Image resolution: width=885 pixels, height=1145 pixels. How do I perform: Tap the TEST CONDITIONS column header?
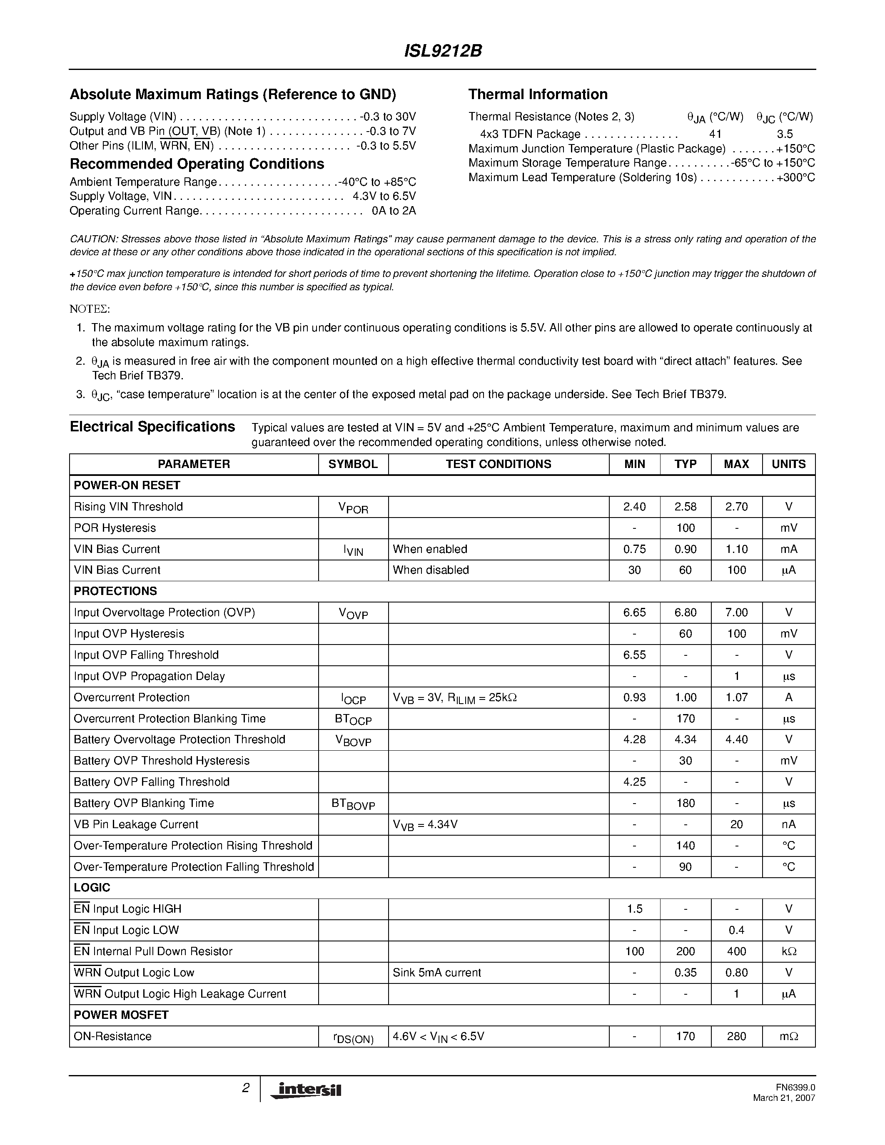coord(498,464)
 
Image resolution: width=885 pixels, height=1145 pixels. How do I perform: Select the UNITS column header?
coord(788,464)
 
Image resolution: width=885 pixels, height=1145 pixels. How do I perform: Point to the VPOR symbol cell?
coord(353,508)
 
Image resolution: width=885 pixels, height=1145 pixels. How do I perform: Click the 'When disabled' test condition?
coord(431,570)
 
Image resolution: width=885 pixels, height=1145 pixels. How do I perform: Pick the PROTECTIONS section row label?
coord(115,591)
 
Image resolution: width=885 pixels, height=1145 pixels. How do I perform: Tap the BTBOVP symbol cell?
coord(353,803)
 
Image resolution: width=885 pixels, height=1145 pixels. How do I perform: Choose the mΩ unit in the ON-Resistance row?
coord(788,1036)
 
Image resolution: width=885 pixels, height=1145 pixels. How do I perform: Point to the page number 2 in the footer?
coord(245,1088)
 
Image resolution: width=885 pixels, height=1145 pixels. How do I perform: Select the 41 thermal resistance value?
coord(715,134)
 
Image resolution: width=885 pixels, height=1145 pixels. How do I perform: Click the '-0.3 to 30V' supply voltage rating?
coord(387,117)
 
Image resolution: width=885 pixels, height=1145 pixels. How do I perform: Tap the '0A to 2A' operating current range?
coord(393,211)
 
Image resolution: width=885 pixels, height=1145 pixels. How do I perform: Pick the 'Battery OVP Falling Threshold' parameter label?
coord(152,782)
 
